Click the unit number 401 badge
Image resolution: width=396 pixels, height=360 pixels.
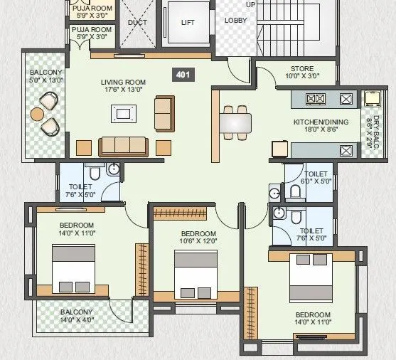(x=183, y=73)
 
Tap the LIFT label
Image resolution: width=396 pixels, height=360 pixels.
(x=188, y=23)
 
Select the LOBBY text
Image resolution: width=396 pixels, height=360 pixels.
(x=235, y=20)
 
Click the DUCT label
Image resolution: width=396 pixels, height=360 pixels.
(x=137, y=22)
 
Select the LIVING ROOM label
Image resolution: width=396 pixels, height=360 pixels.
(x=123, y=83)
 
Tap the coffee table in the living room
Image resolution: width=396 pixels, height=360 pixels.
(x=124, y=113)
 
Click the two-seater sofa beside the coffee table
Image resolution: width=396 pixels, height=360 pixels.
(x=164, y=112)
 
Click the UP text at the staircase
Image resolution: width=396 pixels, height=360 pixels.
(x=250, y=4)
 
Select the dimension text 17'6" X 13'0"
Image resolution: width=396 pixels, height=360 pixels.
(x=123, y=90)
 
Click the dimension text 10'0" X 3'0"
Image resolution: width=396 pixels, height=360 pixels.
(x=301, y=76)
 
